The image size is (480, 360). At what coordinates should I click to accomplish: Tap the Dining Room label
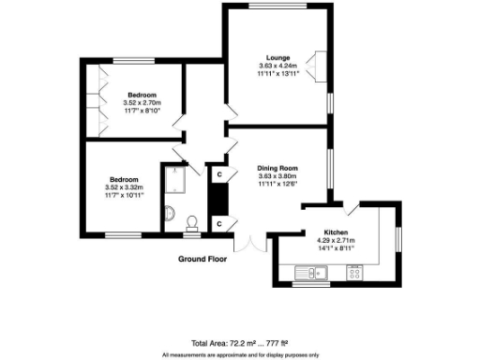(x=277, y=167)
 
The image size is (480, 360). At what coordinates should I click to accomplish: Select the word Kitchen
(x=337, y=232)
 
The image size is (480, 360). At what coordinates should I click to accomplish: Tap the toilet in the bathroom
(x=191, y=221)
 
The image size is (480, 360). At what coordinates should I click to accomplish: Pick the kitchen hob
(x=355, y=273)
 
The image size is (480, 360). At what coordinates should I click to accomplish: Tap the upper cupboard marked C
(x=218, y=174)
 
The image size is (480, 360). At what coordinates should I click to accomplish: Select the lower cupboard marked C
(x=218, y=223)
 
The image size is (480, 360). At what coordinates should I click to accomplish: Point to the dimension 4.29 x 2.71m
(x=337, y=241)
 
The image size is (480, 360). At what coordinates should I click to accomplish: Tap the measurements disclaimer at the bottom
(x=239, y=355)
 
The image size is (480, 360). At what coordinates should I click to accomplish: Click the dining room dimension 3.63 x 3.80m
(x=277, y=175)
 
